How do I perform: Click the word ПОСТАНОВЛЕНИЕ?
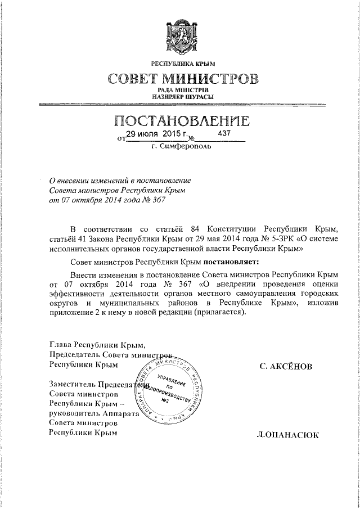[180, 121]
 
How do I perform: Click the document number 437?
[224, 134]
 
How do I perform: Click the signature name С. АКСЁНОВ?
[285, 366]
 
